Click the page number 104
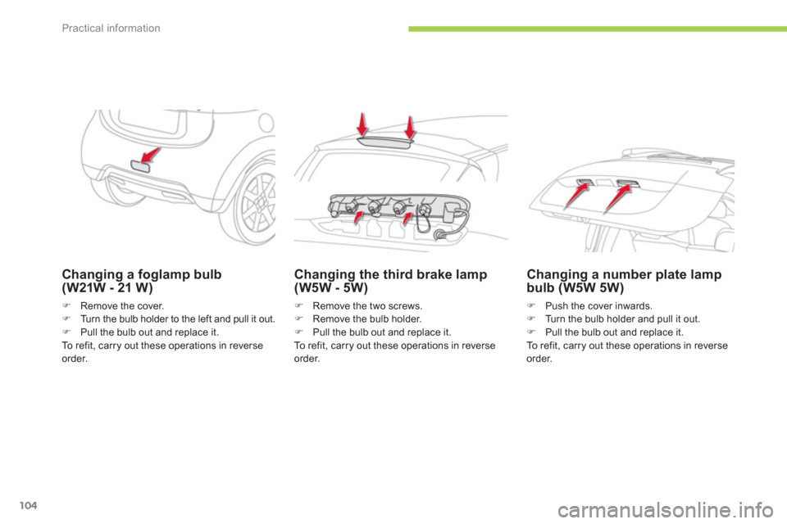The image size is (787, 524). (x=29, y=505)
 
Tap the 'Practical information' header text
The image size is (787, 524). (x=111, y=28)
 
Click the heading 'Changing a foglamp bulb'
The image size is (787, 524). (x=142, y=274)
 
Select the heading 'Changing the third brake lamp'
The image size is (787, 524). (x=390, y=274)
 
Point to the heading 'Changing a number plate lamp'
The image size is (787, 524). (x=624, y=274)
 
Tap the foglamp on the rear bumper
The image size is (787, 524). (x=140, y=166)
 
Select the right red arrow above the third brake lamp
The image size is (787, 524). (x=411, y=128)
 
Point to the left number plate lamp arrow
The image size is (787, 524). (x=576, y=196)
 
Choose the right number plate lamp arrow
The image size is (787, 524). (x=618, y=198)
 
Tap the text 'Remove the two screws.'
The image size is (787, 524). (x=367, y=306)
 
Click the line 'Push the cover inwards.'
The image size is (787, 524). (x=598, y=306)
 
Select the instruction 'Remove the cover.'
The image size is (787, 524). (x=122, y=306)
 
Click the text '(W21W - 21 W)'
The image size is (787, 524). (x=107, y=288)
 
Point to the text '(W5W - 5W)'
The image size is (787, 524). (x=330, y=288)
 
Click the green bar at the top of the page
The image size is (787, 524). (x=598, y=29)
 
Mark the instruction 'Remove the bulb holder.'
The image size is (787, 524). (x=367, y=319)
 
